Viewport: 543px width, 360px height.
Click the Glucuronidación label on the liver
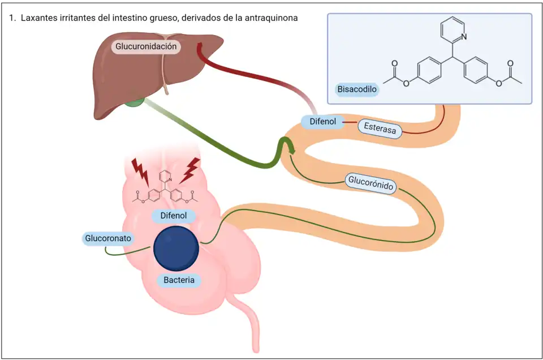146,46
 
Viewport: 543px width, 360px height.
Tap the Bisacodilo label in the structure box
357,89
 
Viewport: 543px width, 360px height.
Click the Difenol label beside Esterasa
322,121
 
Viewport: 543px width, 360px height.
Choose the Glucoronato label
108,238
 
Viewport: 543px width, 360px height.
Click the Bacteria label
179,280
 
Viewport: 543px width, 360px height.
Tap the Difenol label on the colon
173,216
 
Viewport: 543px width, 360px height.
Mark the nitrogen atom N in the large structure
464,37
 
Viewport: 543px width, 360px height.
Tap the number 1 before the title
11,18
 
